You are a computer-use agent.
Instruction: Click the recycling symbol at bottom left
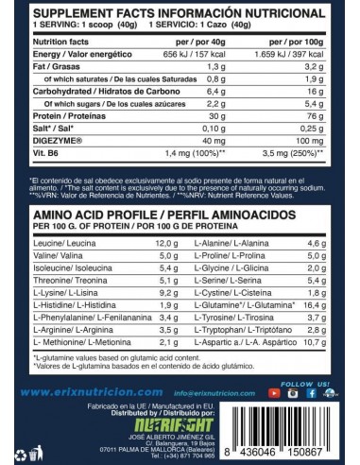tap(19, 433)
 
